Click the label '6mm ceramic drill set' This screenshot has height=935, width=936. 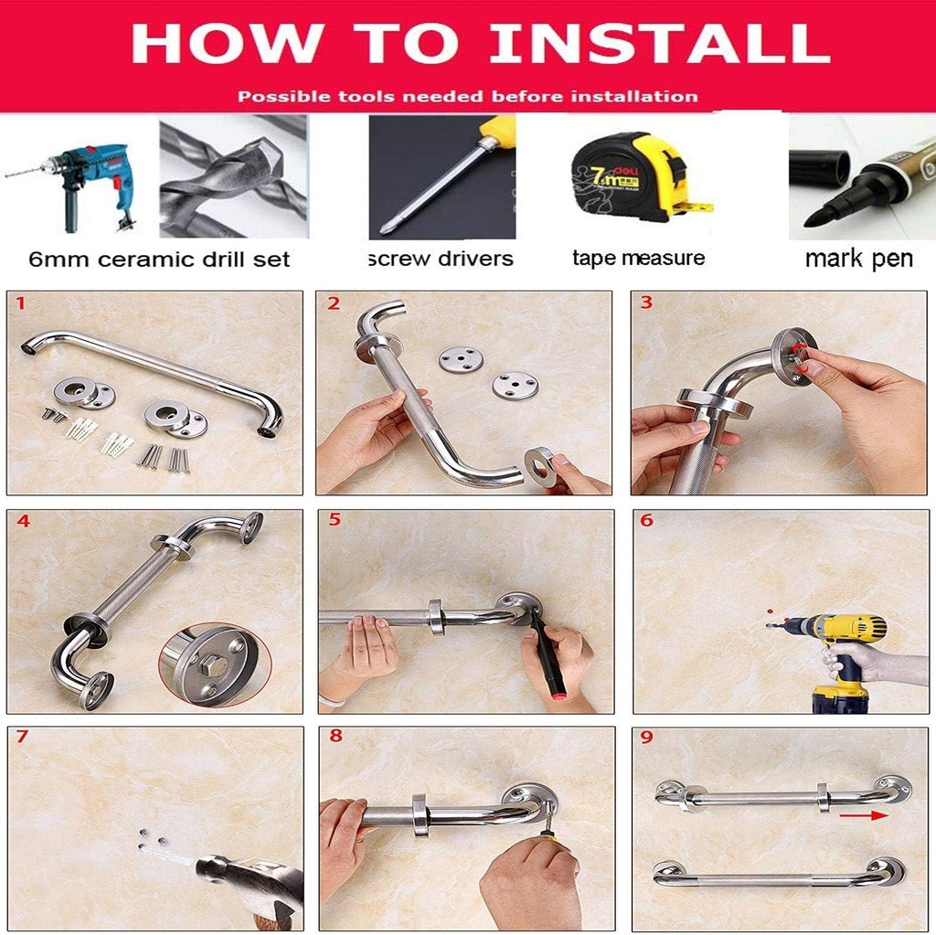coord(159,260)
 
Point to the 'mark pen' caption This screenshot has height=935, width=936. coord(858,260)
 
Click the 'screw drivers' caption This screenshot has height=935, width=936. coord(441,260)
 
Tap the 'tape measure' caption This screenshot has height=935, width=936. coord(638,259)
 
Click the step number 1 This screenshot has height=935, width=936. coord(21,303)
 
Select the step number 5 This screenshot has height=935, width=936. coord(334,520)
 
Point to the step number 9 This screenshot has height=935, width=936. coord(646,738)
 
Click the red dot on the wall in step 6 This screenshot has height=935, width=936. coord(771,611)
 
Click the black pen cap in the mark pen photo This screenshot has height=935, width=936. coord(819,168)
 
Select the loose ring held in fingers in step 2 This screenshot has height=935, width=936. coord(540,462)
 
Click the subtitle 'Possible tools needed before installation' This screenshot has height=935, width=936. coord(467,96)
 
